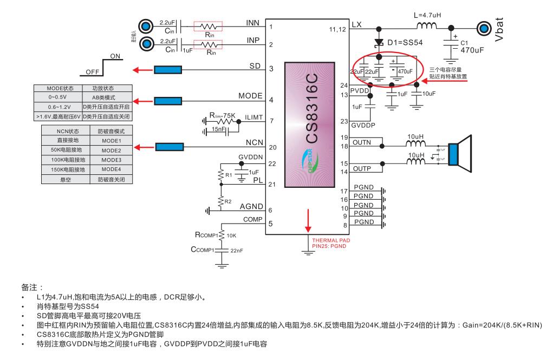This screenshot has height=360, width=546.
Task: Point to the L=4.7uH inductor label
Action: (x=427, y=16)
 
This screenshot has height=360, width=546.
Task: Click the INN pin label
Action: (x=253, y=23)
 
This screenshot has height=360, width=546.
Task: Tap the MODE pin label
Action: (x=250, y=96)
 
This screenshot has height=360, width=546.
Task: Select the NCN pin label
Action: (x=253, y=143)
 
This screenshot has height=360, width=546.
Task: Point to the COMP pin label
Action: (x=252, y=219)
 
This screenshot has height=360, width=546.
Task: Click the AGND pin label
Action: (x=251, y=206)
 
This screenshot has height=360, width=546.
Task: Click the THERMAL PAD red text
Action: (x=329, y=240)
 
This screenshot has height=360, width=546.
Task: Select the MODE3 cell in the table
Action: (x=111, y=160)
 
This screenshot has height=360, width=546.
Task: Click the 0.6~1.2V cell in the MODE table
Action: (x=57, y=106)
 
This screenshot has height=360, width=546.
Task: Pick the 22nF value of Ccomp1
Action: (x=237, y=250)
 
